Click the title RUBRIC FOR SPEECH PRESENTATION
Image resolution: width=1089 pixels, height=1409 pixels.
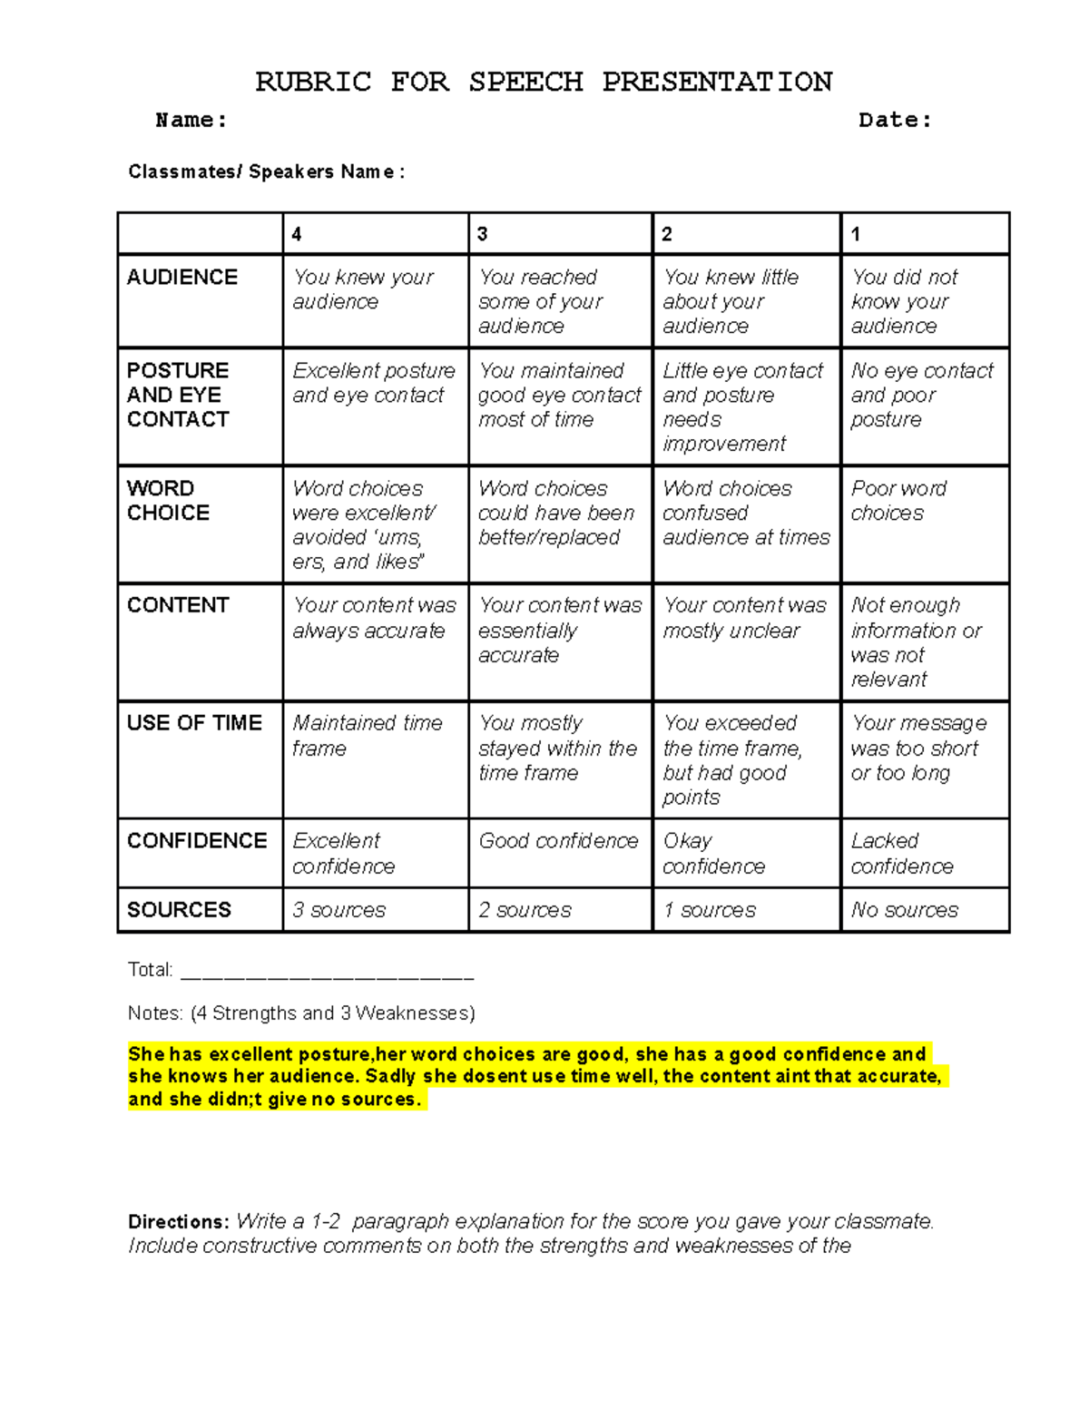tap(544, 82)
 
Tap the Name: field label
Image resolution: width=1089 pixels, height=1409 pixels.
tap(191, 120)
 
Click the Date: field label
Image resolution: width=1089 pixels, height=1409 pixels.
tap(895, 120)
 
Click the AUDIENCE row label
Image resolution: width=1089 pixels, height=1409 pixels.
tap(182, 277)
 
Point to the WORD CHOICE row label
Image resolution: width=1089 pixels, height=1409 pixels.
tap(169, 500)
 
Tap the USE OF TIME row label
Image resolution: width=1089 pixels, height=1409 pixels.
tap(194, 722)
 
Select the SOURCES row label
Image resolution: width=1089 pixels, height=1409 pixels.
tap(179, 909)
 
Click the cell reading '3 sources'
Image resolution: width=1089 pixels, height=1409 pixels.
tap(338, 909)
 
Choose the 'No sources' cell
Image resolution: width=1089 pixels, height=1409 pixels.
tap(904, 909)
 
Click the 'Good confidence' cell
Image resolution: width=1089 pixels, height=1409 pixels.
tap(558, 841)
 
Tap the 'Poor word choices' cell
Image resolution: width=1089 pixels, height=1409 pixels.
tap(898, 500)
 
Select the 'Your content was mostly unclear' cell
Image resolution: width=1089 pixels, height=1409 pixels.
tap(744, 618)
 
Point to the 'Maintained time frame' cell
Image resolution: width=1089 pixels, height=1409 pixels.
tap(367, 735)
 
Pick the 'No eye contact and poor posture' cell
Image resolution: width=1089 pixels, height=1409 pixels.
tap(921, 395)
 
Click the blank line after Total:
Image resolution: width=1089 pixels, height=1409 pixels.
tap(327, 974)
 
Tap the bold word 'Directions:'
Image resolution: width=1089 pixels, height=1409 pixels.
tap(179, 1221)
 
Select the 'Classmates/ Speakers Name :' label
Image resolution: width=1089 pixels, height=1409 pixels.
tap(266, 171)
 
